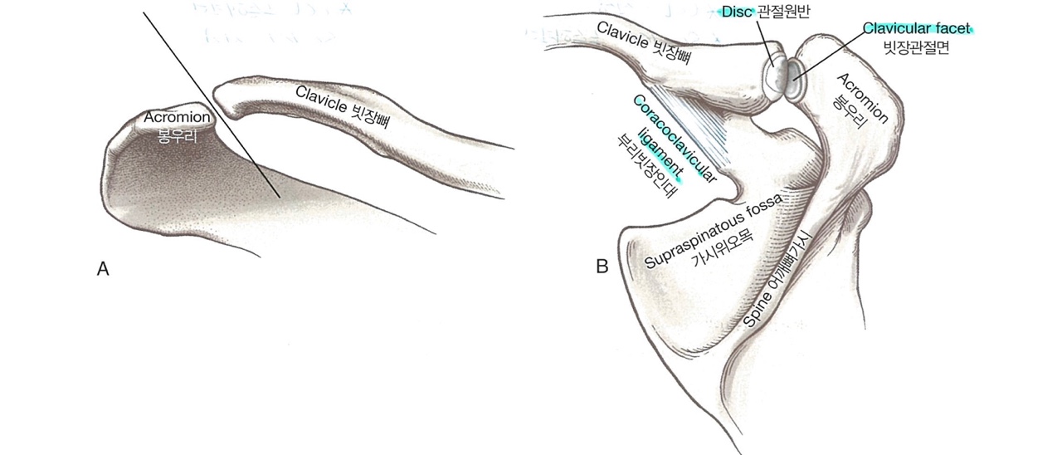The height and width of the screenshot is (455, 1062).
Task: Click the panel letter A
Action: (x=104, y=269)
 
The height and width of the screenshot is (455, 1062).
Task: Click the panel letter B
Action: (x=602, y=267)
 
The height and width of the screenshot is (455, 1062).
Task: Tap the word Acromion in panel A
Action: (x=177, y=117)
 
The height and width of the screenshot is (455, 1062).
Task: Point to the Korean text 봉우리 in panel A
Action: (x=177, y=134)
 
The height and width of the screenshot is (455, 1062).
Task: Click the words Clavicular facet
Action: (x=916, y=29)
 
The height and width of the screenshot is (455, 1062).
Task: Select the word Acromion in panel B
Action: (x=865, y=98)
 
